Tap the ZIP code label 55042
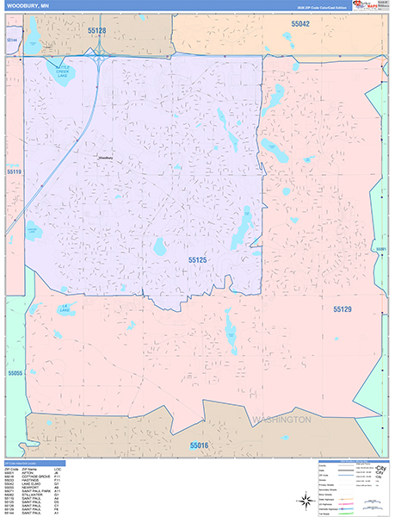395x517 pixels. click(299, 24)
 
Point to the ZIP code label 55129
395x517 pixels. click(343, 308)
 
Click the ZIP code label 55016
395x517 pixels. click(200, 445)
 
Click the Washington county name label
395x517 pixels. click(281, 420)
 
